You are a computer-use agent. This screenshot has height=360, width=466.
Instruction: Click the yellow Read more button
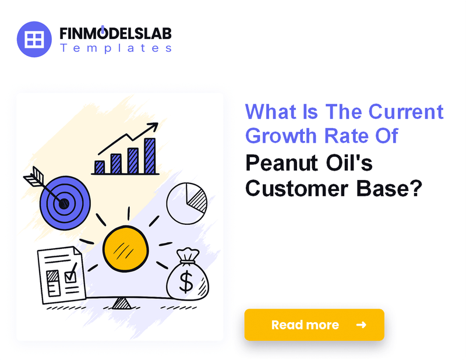click(x=314, y=324)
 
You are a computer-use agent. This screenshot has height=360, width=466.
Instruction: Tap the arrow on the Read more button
click(x=361, y=324)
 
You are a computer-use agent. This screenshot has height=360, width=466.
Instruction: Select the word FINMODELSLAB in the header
click(x=115, y=33)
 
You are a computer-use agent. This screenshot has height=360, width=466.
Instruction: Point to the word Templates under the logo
click(x=115, y=48)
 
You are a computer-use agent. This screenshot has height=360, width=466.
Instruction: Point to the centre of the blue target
click(x=63, y=203)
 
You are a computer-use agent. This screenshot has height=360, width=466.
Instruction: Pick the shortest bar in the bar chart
click(x=100, y=167)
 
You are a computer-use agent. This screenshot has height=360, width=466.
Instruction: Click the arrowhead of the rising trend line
click(x=154, y=126)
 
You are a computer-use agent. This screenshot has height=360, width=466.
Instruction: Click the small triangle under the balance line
click(x=121, y=303)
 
